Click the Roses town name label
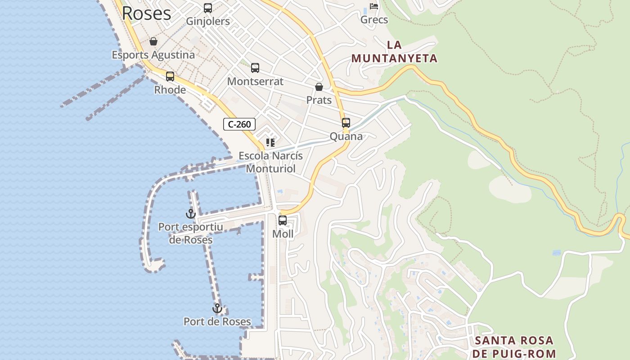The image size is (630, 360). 146,13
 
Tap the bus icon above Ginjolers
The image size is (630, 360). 208,8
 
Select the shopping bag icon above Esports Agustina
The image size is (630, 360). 153,41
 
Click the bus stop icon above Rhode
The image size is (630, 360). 170,76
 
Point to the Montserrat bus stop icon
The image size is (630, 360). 255,68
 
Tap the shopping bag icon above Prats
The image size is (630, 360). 319,86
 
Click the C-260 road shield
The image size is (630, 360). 239,124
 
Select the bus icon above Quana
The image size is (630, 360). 346,123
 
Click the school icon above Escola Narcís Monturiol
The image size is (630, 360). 270,143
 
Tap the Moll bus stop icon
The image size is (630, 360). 283,220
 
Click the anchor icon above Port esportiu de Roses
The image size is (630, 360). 190,213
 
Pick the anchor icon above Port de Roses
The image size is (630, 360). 217,308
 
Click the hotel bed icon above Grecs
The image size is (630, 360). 374,6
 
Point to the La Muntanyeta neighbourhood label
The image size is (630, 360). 394,52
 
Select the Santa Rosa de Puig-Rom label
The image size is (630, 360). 515,346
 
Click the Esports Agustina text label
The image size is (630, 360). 153,55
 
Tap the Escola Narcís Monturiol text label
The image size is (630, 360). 270,162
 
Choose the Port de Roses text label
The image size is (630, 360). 217,321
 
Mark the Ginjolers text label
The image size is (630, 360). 208,21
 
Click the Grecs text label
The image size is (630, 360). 374,20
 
